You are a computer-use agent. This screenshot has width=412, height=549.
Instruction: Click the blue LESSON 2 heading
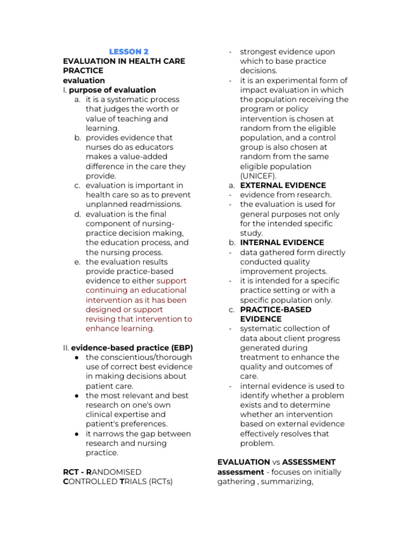tap(129, 51)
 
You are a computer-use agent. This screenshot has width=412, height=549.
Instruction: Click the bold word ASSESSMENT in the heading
tap(308, 462)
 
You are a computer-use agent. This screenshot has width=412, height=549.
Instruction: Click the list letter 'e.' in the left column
tap(78, 262)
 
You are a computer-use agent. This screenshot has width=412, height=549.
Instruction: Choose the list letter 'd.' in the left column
tap(78, 214)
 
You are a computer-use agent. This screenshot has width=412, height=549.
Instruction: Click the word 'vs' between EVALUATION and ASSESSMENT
tap(276, 462)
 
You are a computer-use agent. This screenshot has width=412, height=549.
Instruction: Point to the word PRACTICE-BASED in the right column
tap(276, 309)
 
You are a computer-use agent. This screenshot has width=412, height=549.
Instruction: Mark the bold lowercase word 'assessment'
tap(240, 472)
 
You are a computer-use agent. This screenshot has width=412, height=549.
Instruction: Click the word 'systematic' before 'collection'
tap(262, 328)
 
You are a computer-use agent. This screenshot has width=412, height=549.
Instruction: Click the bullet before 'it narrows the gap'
tap(77, 434)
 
